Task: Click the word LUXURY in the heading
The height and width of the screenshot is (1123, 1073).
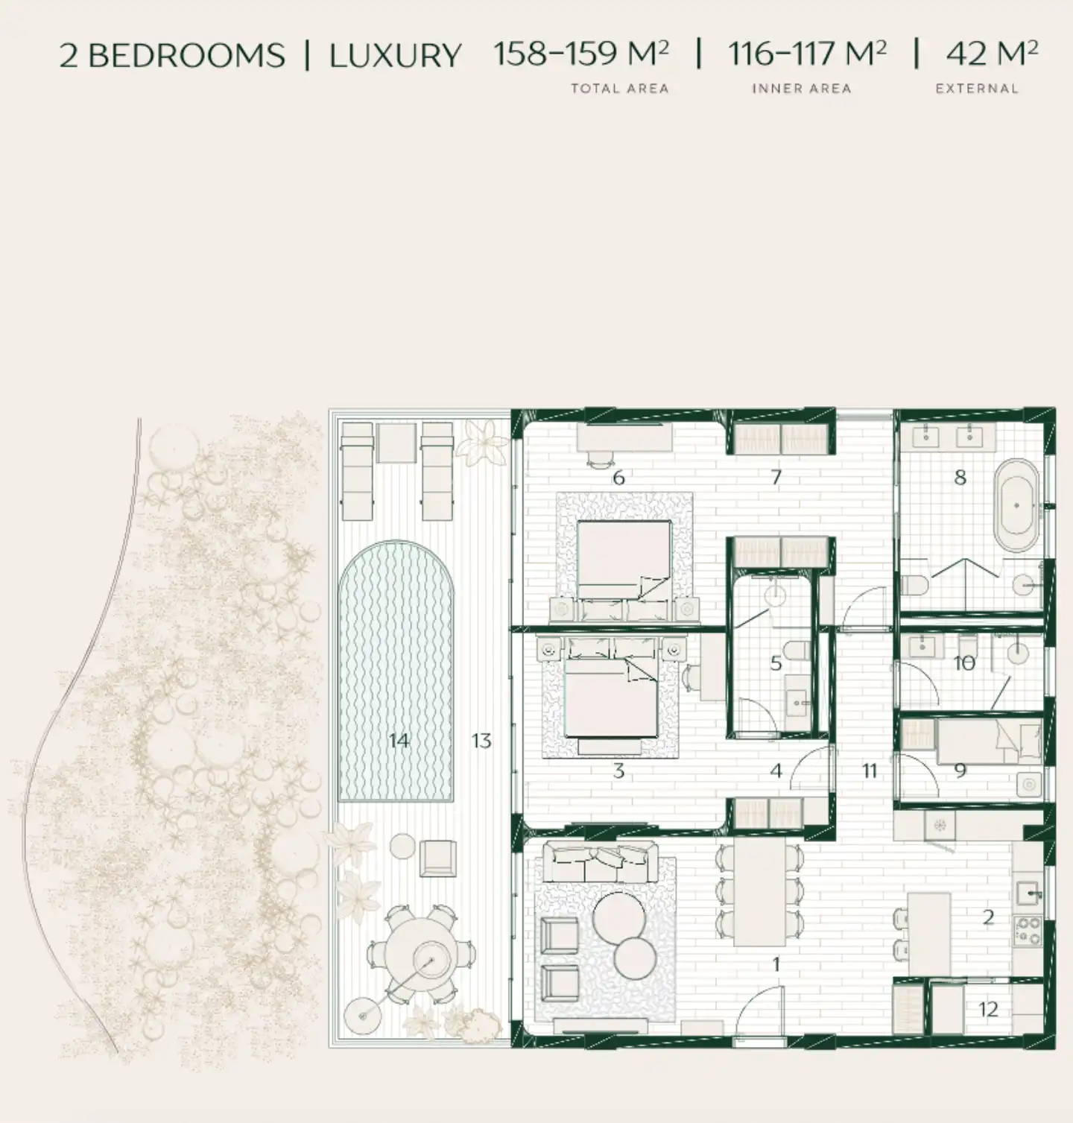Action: coord(395,56)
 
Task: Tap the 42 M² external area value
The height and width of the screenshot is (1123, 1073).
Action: coord(991,54)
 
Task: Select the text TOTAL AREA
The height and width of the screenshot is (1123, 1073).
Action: coord(620,89)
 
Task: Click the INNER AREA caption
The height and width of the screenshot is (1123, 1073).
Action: coord(801,89)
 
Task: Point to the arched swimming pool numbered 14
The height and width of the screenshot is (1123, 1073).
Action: coord(396,671)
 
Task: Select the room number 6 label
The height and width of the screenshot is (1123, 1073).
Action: coord(618,478)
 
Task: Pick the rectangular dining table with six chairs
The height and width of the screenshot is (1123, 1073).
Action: coord(760,892)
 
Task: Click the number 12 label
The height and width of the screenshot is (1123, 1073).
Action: coord(988,1010)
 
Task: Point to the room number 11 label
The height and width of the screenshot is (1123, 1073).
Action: coord(870,771)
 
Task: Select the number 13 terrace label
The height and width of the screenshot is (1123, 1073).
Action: coord(481,741)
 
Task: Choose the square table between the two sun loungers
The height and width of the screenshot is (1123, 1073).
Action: coord(396,443)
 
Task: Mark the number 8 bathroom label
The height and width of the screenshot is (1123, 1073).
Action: coord(960,478)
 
